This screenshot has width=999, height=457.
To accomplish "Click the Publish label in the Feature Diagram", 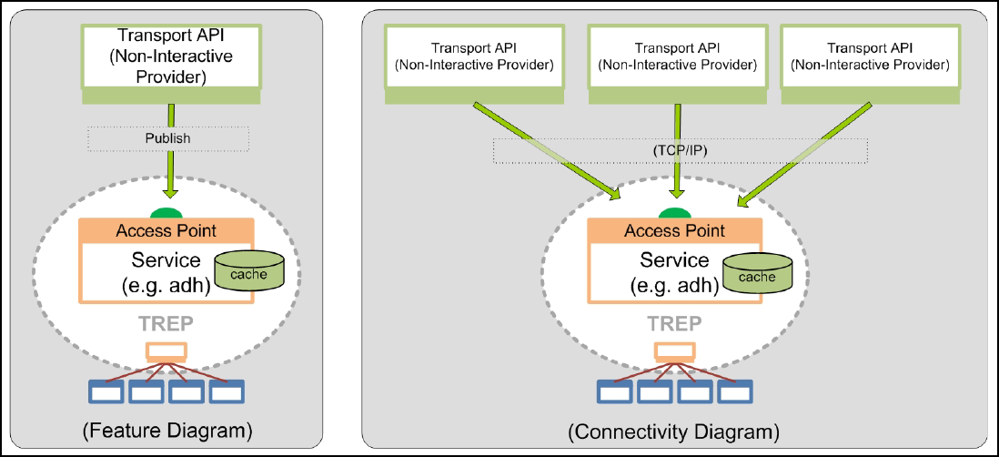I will (168, 139).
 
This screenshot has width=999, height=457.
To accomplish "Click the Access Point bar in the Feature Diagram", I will (168, 230).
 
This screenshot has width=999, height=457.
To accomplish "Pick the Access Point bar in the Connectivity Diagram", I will (674, 230).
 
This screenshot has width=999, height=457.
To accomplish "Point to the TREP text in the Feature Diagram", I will (167, 323).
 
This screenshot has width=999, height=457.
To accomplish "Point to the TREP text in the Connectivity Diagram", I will (674, 324).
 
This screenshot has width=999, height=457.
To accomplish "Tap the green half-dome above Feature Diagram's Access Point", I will (167, 213).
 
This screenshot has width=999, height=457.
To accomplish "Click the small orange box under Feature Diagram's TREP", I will (167, 350).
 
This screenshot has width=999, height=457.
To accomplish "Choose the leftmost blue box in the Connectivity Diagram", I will (614, 392).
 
